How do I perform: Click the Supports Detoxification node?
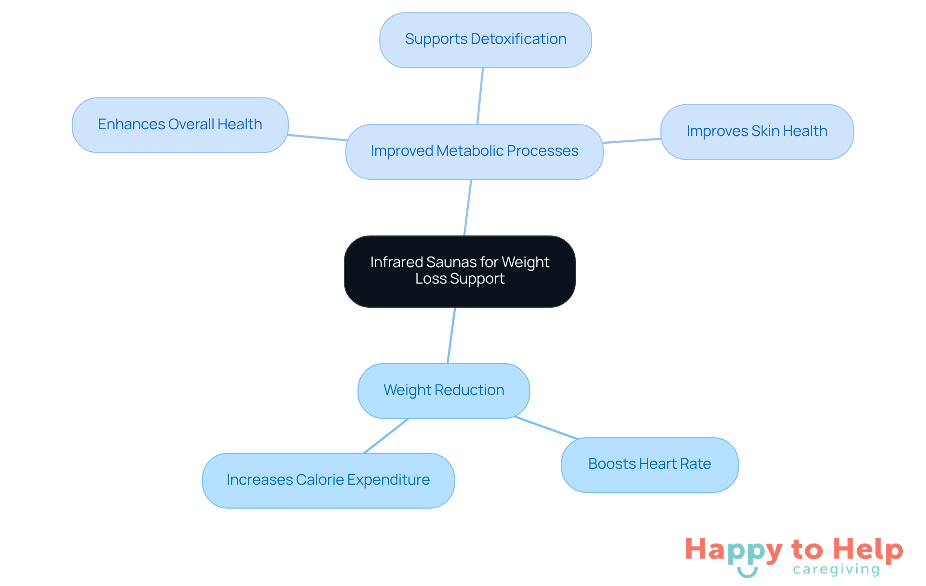pos(485,40)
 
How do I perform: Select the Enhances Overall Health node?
pos(180,125)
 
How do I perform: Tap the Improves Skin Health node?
pos(757,132)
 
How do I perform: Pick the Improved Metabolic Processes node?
pos(474,151)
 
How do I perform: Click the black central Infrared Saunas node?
pos(460,271)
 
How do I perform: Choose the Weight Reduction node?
pos(443,391)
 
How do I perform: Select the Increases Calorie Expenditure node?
pos(328,480)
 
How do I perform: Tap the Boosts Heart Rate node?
pos(649,464)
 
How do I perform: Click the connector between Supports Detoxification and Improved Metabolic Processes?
pos(480,96)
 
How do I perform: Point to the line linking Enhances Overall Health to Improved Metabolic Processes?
pos(317,138)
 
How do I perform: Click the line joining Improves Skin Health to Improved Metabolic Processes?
pos(632,141)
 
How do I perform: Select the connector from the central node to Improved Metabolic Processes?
pos(467,208)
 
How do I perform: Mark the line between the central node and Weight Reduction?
pos(451,335)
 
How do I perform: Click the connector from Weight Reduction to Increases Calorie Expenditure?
pos(386,436)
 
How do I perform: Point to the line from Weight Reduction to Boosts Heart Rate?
pos(546,428)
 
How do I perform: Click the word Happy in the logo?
pos(734,550)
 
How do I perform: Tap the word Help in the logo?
pos(868,549)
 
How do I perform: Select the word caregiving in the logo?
pos(836,570)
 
